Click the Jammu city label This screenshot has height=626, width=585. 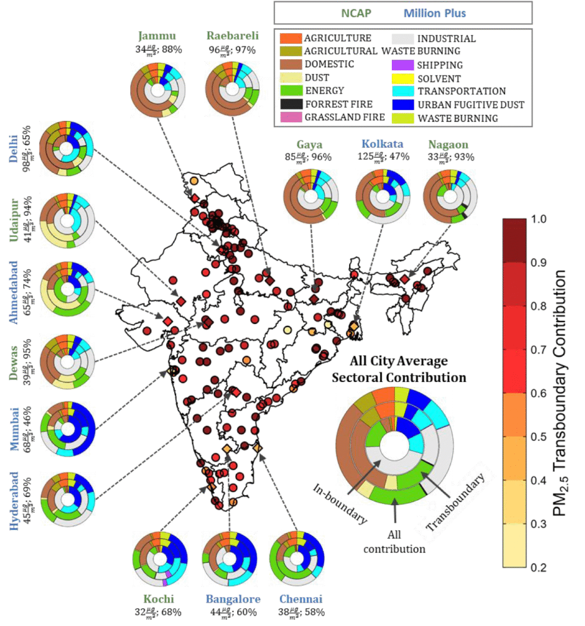[x=156, y=35]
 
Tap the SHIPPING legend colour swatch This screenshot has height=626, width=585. [x=399, y=65]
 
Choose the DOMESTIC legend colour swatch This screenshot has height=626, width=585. [x=287, y=65]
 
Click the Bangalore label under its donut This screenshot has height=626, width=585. [x=231, y=599]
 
